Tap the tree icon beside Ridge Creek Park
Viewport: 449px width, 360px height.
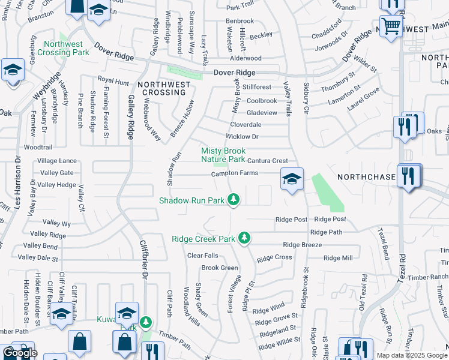point(244,238)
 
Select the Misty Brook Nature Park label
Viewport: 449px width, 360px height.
point(223,155)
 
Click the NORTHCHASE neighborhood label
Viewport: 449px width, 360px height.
point(366,177)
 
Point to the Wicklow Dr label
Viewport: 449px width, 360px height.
point(242,137)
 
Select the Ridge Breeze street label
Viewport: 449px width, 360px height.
point(302,245)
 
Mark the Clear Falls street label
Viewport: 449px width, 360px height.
point(202,256)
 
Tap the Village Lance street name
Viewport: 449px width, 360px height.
point(57,161)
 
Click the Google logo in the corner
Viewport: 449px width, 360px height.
point(19,353)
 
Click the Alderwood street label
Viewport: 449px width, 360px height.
point(246,58)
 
